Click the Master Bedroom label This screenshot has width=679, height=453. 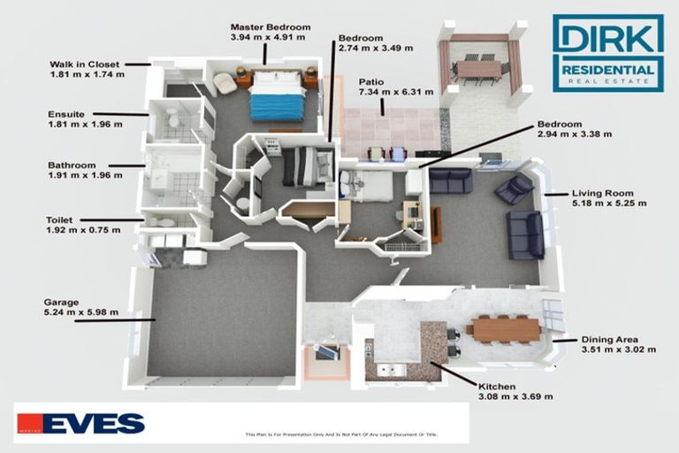(268, 27)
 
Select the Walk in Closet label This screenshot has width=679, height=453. (87, 64)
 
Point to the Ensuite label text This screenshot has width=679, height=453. (66, 114)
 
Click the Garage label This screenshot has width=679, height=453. (61, 302)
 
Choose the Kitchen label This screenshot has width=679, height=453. (496, 386)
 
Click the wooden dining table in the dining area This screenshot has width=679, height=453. (503, 328)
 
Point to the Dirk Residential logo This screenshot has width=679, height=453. (607, 52)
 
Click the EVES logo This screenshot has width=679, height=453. (80, 424)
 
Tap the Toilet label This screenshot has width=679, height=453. (61, 219)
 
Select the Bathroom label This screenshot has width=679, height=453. (72, 165)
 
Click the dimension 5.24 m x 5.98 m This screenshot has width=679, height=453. (80, 312)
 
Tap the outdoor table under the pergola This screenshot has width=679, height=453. (477, 68)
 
